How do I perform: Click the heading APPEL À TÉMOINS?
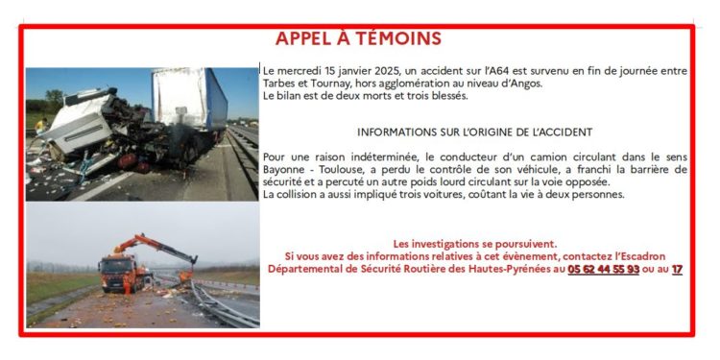(x=358, y=38)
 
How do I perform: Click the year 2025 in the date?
(x=386, y=71)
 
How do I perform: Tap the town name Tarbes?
(x=279, y=84)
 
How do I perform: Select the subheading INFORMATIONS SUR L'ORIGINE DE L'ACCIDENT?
(x=474, y=132)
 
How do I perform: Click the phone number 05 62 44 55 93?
(x=603, y=271)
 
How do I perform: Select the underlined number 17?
(x=677, y=271)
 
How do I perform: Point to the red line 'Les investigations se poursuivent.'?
(x=474, y=244)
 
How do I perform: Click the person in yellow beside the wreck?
(x=40, y=126)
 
